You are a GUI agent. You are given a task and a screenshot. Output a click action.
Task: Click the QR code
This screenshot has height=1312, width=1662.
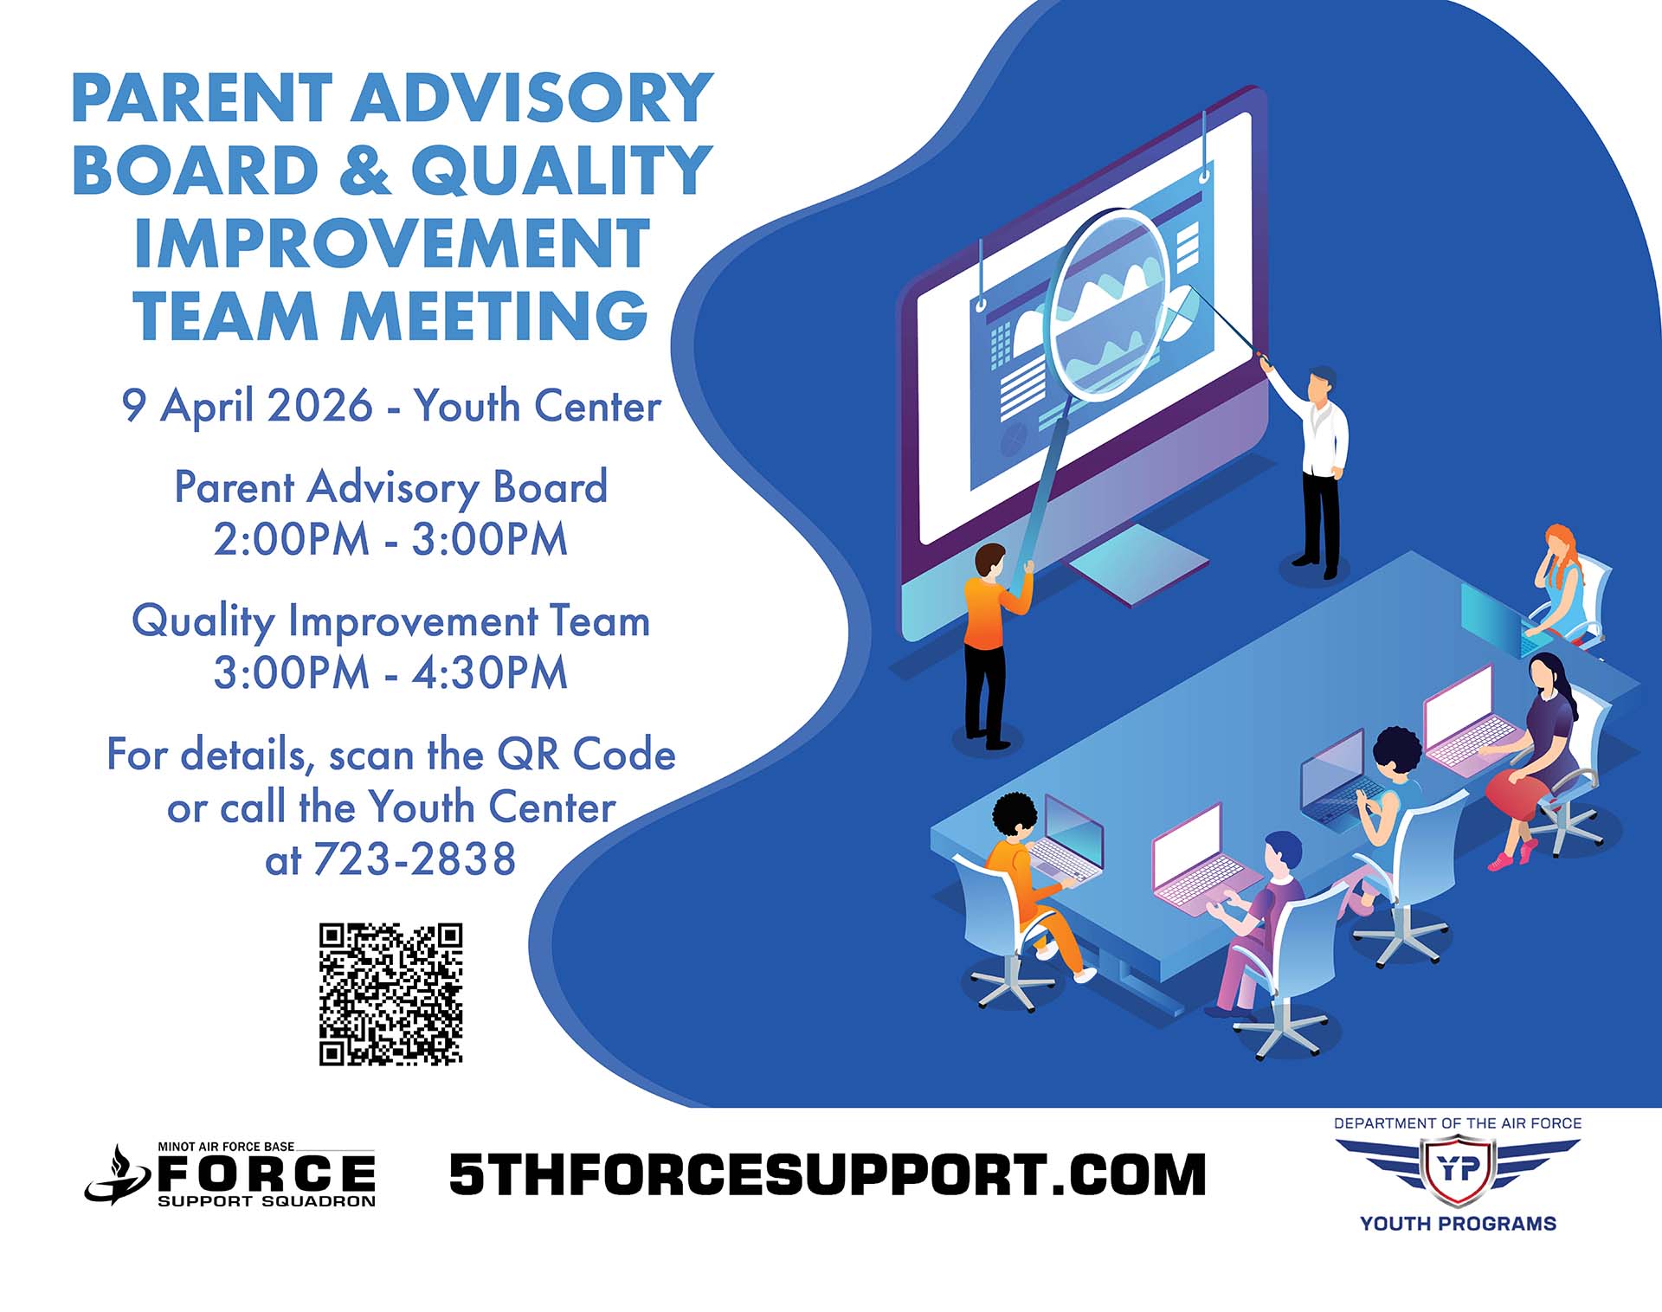tap(391, 994)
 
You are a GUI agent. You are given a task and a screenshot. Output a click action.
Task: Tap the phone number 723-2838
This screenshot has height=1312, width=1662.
tap(415, 859)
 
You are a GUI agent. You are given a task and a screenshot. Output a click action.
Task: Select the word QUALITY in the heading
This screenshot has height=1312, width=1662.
tap(561, 170)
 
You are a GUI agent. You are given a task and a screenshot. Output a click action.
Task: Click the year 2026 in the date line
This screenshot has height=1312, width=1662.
tap(320, 405)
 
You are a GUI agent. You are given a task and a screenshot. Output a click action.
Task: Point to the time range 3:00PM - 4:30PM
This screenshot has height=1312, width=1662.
tap(390, 672)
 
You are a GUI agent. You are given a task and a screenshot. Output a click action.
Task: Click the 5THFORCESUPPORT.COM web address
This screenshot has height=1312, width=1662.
tap(828, 1174)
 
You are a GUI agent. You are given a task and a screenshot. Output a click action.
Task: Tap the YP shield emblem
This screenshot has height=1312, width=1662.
tap(1458, 1171)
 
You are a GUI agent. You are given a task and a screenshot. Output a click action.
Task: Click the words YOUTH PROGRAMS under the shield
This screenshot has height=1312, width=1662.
tap(1458, 1224)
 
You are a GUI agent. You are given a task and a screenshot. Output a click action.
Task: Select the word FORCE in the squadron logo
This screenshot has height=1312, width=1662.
tap(266, 1174)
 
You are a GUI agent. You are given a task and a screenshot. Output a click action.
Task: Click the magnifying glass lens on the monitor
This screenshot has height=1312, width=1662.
tap(1107, 304)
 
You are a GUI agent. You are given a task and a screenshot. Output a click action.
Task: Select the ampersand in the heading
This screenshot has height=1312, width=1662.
tap(364, 170)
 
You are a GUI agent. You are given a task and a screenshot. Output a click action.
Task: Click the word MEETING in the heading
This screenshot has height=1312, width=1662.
tap(493, 315)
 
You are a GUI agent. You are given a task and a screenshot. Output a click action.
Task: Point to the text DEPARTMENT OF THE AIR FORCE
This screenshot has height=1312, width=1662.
tap(1458, 1123)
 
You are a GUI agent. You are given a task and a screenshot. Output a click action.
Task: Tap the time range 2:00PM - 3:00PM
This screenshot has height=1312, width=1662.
tap(390, 538)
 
